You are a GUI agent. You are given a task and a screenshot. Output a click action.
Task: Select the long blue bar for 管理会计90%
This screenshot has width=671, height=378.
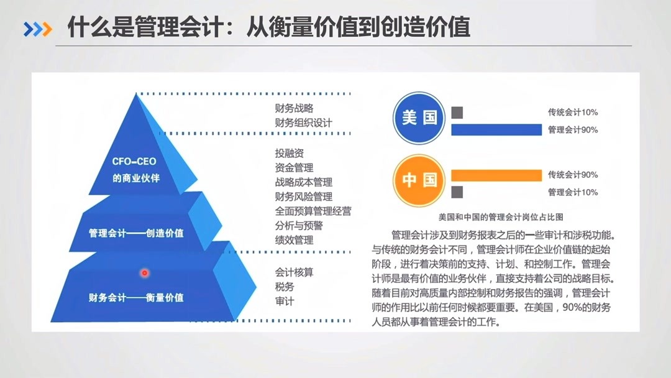coord(496,129)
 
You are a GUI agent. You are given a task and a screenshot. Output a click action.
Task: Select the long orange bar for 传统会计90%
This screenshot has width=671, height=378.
coord(496,175)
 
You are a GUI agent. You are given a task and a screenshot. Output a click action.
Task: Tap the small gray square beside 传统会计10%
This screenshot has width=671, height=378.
coord(457,113)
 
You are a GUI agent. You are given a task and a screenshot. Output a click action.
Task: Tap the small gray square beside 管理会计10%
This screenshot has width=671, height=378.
coord(457,191)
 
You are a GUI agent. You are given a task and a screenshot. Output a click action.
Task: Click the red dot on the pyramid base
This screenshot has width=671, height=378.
coord(145,272)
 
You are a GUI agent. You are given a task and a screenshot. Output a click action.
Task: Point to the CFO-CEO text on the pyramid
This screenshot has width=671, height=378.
coord(134,161)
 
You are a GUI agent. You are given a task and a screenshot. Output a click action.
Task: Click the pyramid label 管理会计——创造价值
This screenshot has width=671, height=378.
coord(136,234)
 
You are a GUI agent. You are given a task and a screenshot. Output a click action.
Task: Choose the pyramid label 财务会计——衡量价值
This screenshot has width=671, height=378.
coord(136,297)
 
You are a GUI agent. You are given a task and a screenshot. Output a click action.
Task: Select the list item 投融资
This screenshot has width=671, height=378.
coord(290,153)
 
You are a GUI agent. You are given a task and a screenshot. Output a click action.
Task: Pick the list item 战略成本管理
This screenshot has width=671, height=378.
coord(304,182)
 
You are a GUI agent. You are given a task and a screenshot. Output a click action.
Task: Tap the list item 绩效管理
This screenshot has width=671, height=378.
coord(294,240)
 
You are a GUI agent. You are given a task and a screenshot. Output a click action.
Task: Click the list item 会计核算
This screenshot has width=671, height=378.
coord(294,272)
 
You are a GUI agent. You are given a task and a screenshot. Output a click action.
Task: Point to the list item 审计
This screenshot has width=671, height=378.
coord(285,302)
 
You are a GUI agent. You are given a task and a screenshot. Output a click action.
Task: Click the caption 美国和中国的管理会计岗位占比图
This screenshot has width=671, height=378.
coord(501,217)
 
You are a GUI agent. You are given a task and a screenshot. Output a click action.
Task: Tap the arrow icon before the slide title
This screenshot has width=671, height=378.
coord(38,28)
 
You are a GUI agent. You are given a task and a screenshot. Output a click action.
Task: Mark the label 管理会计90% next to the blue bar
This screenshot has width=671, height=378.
coord(573,130)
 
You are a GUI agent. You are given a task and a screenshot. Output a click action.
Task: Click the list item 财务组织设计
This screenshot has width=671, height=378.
coord(304,122)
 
